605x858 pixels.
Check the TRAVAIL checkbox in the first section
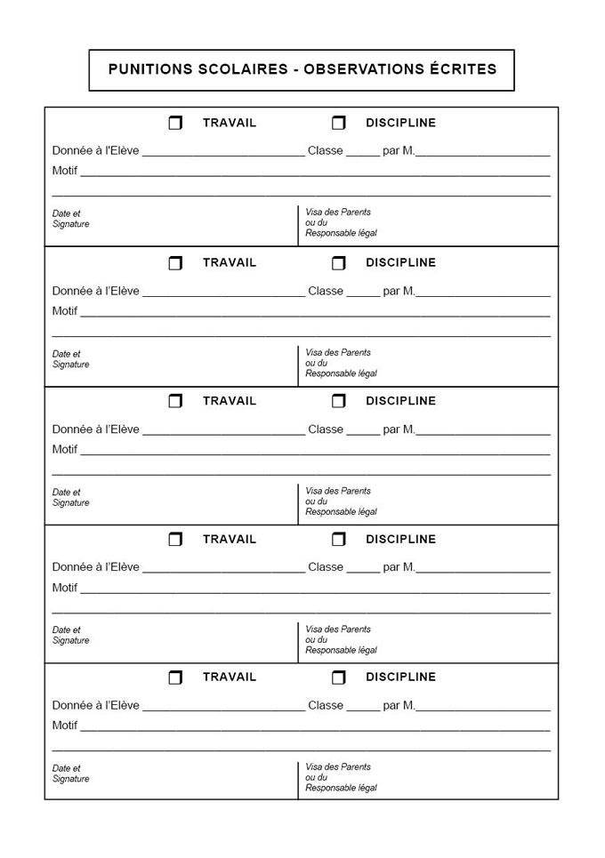pyautogui.click(x=175, y=123)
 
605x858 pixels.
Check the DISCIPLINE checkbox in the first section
pyautogui.click(x=338, y=123)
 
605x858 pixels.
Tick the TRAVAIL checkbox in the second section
pyautogui.click(x=175, y=263)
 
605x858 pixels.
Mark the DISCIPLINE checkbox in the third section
pyautogui.click(x=338, y=401)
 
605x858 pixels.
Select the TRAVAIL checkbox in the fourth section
pyautogui.click(x=175, y=539)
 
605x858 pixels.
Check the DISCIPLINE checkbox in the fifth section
pyautogui.click(x=338, y=678)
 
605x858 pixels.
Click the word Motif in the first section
pyautogui.click(x=65, y=171)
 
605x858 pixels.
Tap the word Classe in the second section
pyautogui.click(x=326, y=291)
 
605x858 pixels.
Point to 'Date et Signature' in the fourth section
pyautogui.click(x=70, y=635)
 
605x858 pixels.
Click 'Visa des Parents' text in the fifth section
pyautogui.click(x=338, y=766)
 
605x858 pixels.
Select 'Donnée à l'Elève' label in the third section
pyautogui.click(x=95, y=429)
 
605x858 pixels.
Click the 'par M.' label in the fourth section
pyautogui.click(x=399, y=567)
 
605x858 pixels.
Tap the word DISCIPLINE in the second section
pyautogui.click(x=400, y=262)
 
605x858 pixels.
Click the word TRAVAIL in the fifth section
pyautogui.click(x=229, y=677)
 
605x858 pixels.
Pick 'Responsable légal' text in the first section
pyautogui.click(x=341, y=233)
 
